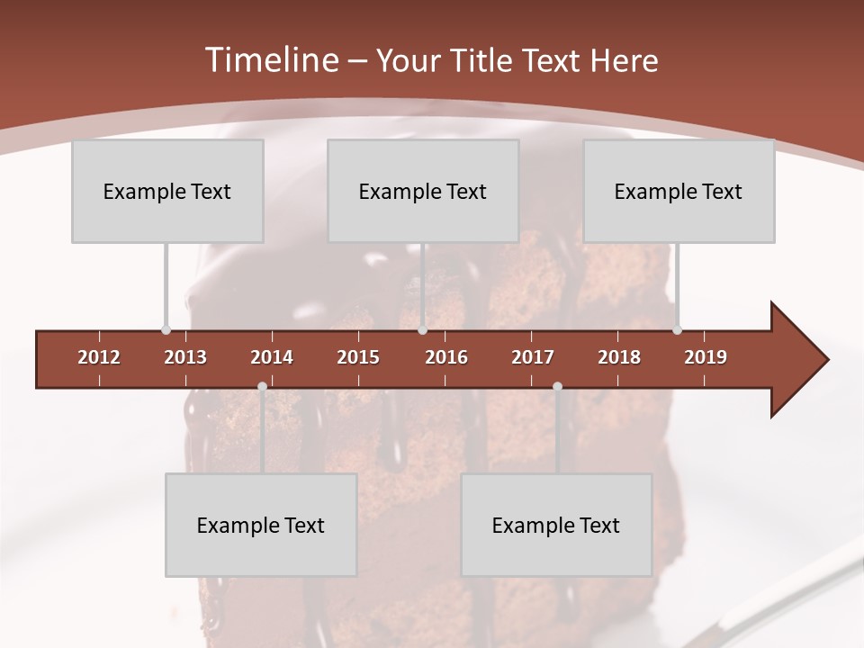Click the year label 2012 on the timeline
point(99,357)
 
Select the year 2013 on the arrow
point(185,357)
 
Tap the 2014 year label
point(272,357)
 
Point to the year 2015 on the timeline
point(358,357)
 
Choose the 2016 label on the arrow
point(446,357)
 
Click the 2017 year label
point(533,357)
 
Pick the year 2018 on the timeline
point(619,357)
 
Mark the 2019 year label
point(706,357)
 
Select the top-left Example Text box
point(167,191)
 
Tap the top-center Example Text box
point(423,191)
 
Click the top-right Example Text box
point(679,191)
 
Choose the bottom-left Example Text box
point(261,525)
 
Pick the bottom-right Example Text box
point(556,525)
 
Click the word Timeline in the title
point(271,60)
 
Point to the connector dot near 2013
point(166,330)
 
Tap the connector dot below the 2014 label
point(262,387)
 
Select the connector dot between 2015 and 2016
point(422,330)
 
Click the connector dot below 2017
point(557,387)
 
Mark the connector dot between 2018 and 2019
point(677,330)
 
